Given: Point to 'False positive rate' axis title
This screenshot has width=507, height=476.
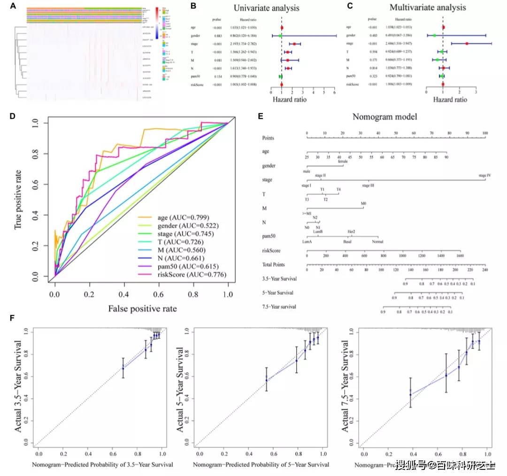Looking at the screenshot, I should (x=143, y=308).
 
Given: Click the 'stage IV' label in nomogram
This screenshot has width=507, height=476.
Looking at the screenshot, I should (x=484, y=176).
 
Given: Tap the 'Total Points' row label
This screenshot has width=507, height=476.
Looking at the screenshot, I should (x=274, y=265).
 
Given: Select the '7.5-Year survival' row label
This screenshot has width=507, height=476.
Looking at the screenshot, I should (x=279, y=307).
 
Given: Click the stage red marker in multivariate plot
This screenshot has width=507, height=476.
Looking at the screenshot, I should (x=467, y=43).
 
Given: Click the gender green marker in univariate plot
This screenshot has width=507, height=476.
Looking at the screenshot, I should (x=280, y=36).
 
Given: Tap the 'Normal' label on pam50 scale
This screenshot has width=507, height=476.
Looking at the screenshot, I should (x=377, y=242).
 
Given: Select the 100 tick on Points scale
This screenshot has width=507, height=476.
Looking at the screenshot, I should (x=484, y=133).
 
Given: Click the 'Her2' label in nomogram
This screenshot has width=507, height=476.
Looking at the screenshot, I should (x=351, y=232).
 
